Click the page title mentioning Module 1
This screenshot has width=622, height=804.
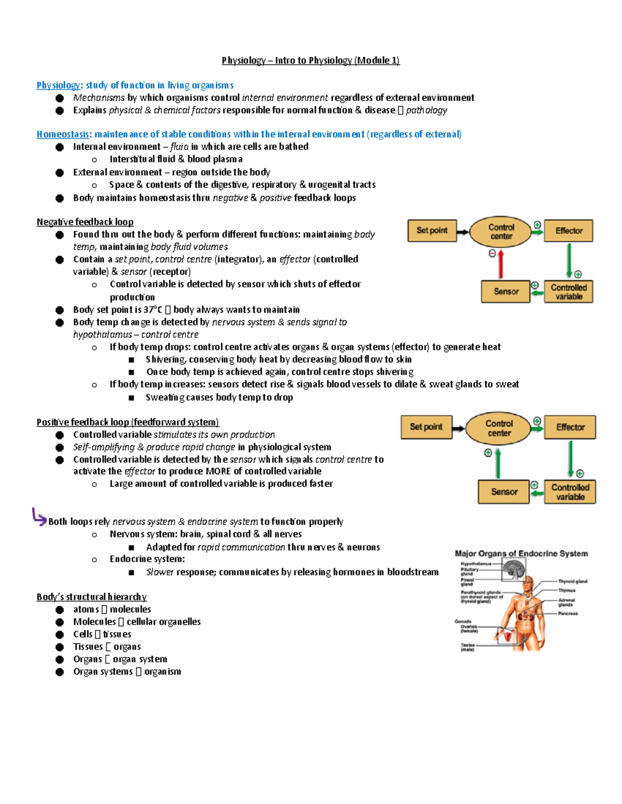click(310, 61)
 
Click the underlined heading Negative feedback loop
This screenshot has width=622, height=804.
click(85, 222)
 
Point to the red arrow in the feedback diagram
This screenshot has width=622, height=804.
click(501, 265)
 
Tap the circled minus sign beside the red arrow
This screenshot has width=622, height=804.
click(492, 253)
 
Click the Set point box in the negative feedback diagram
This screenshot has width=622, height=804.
click(432, 231)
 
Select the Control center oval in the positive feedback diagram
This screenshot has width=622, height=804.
click(499, 428)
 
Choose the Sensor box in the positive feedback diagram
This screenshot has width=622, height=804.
click(504, 492)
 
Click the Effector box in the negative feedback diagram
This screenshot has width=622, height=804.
click(569, 231)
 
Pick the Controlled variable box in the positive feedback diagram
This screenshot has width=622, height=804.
click(570, 492)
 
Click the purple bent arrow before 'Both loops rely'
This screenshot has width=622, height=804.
click(39, 516)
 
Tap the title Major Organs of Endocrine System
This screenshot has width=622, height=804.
click(521, 553)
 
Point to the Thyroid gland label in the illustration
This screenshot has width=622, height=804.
click(572, 581)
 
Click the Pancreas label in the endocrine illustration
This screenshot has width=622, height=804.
click(568, 613)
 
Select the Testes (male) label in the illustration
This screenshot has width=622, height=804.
click(468, 647)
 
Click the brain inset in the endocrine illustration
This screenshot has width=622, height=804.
click(514, 571)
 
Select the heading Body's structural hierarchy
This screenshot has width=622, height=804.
click(92, 597)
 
